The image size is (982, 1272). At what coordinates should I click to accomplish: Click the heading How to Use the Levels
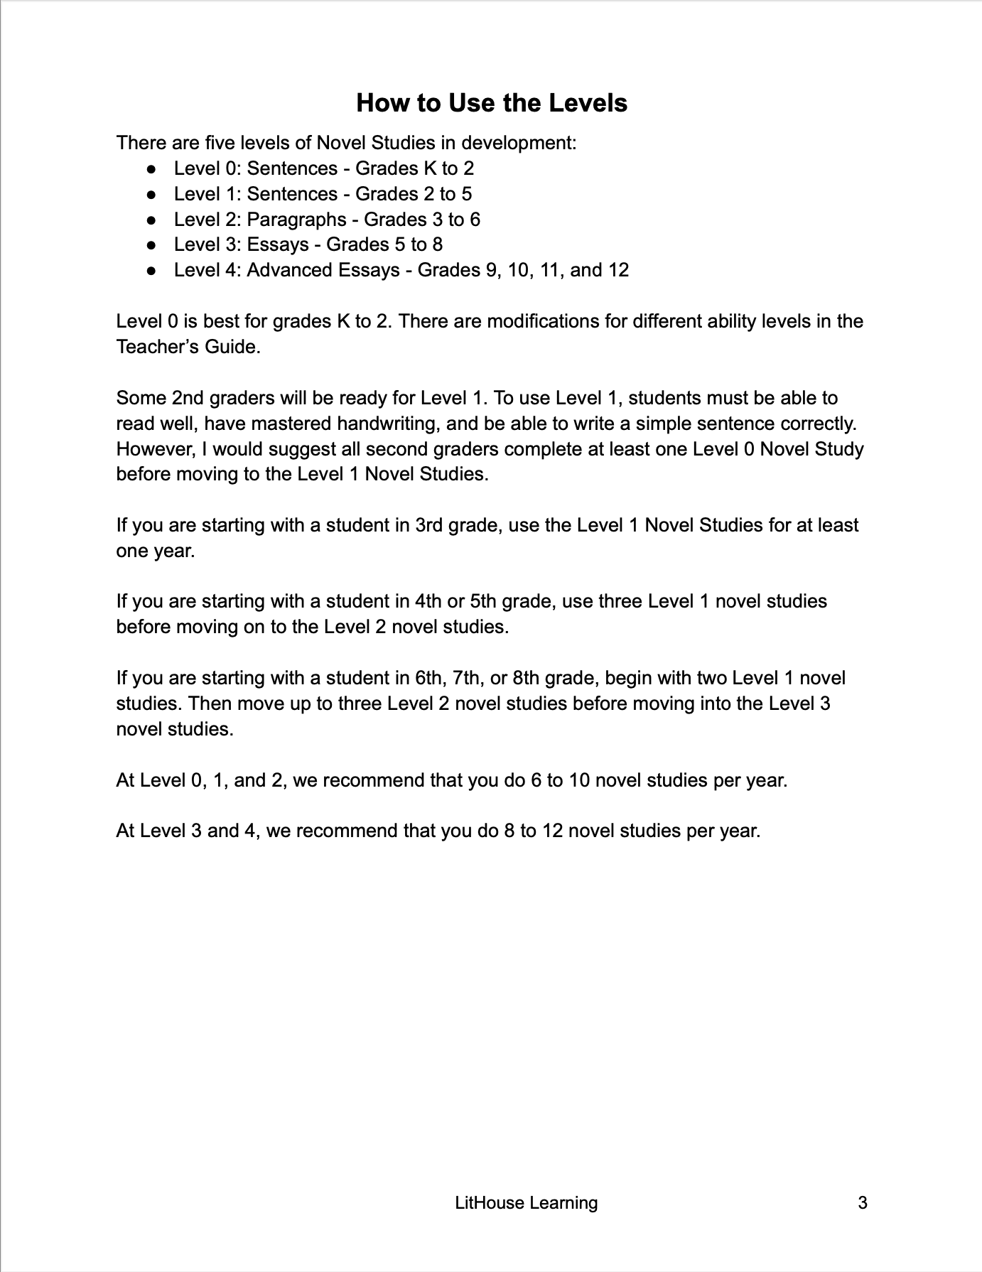(x=491, y=103)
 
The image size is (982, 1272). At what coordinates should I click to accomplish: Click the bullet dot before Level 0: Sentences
(x=151, y=169)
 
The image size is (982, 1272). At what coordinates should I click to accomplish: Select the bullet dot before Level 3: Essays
(x=151, y=245)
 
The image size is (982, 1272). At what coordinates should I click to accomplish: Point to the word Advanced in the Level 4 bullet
(x=288, y=271)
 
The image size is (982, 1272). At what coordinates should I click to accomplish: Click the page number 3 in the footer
(x=863, y=1203)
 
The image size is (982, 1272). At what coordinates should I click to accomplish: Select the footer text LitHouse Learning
(x=526, y=1203)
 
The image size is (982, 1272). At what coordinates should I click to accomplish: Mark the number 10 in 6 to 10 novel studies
(x=580, y=780)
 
